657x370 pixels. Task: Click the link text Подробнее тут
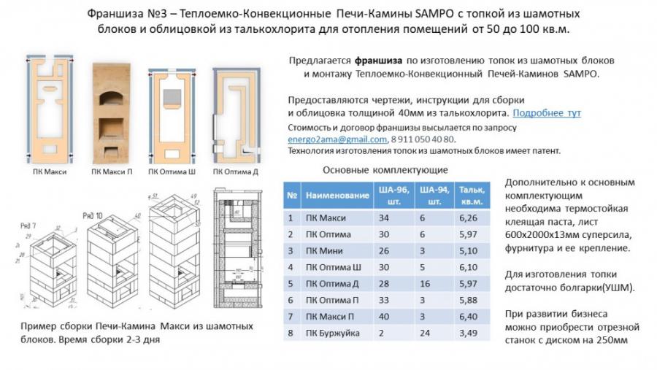coord(547,113)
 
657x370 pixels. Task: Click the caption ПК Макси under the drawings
coord(49,173)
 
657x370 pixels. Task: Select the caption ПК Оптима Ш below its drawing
coord(172,173)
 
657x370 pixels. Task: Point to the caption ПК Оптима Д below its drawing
coord(234,173)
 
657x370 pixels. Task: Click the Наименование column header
coord(337,196)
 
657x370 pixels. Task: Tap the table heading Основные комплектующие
coord(385,170)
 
